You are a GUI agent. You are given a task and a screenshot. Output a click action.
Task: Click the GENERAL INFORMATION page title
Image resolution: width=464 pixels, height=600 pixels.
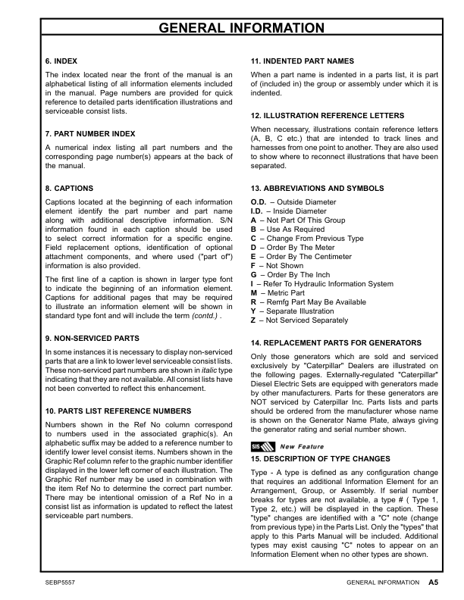[231, 30]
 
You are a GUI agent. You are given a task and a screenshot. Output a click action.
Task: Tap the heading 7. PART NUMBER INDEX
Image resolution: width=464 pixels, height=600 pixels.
[90, 134]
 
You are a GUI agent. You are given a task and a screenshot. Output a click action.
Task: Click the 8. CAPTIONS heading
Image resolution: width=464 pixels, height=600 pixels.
[70, 188]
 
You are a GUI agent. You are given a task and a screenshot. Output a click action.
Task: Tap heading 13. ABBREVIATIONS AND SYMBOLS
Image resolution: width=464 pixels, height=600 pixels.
[317, 188]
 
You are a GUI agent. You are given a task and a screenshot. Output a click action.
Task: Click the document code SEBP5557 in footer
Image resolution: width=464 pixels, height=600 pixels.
[62, 583]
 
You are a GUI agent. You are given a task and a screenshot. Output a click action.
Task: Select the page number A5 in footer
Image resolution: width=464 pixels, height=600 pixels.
[433, 583]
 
